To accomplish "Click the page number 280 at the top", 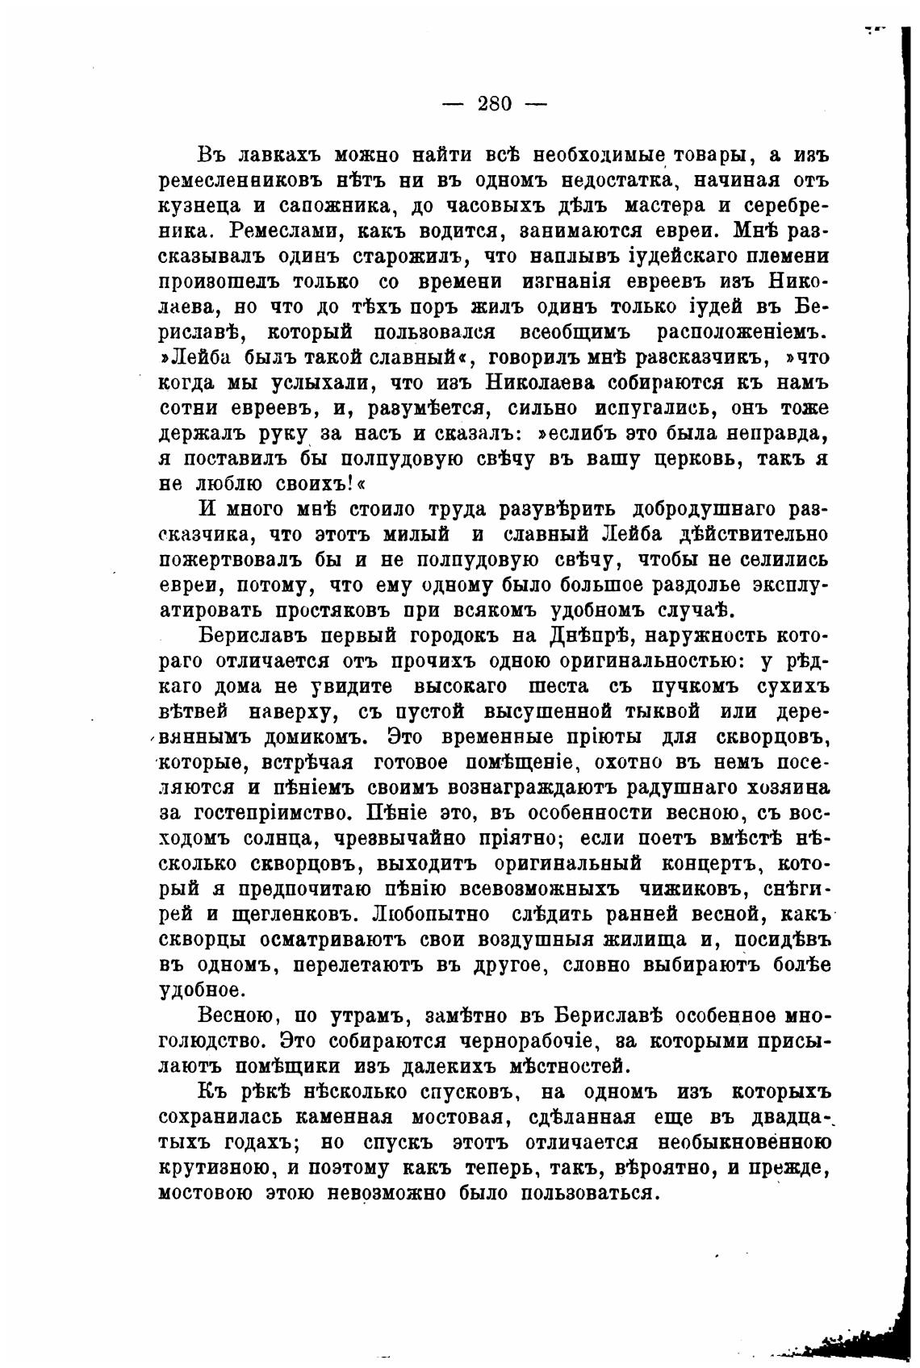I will coord(496,104).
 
